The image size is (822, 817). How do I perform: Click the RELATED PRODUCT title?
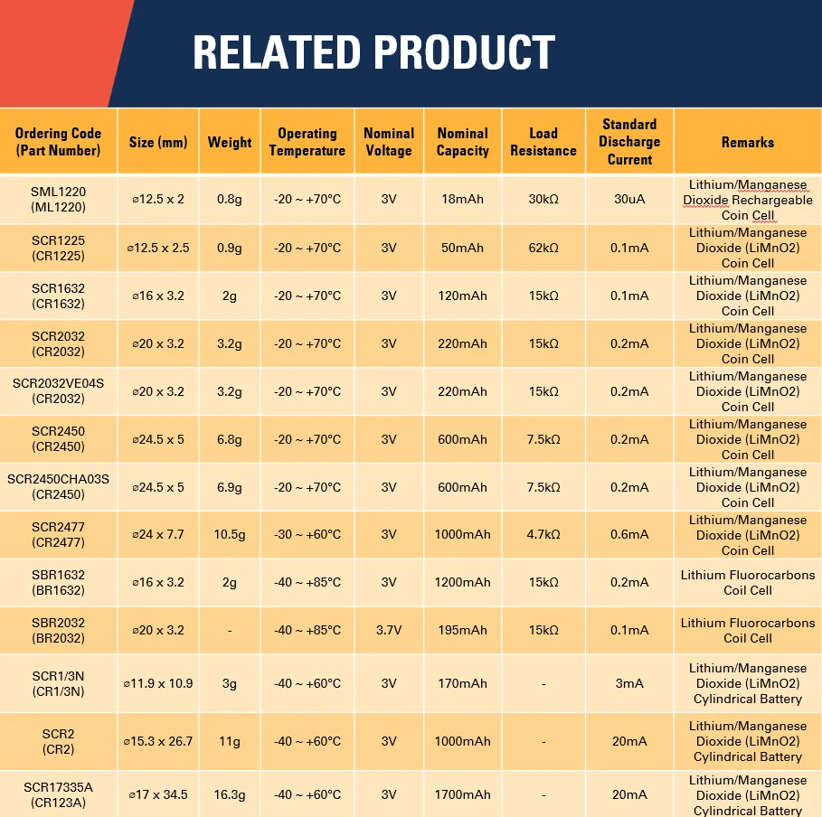coord(373,53)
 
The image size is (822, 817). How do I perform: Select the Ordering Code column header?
coord(58,142)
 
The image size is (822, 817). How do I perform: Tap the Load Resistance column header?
coord(543,142)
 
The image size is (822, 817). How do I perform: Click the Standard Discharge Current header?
coord(629,142)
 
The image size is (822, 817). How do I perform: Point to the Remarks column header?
coord(747,142)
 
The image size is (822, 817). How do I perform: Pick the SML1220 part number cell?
coord(58,199)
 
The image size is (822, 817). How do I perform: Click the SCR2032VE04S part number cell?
coord(58,391)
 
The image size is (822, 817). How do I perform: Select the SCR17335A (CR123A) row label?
coord(58,794)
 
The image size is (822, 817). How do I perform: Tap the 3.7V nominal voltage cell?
coord(389,630)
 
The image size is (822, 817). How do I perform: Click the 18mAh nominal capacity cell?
coord(462,199)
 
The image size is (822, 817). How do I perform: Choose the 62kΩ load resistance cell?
coord(543,248)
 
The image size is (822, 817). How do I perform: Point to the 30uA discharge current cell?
coord(629,199)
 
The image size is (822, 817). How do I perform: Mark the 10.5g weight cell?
coord(230,534)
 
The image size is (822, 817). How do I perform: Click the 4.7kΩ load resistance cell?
coord(543,534)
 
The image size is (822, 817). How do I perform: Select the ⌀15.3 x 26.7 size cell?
coord(158,741)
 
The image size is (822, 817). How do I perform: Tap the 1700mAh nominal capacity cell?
coord(462,794)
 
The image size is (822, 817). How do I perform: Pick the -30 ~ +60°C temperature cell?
coord(307,534)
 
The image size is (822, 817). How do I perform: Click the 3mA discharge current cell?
coord(629,683)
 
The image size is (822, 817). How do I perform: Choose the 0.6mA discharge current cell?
coord(629,534)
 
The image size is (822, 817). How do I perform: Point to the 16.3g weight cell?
coord(230,794)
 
